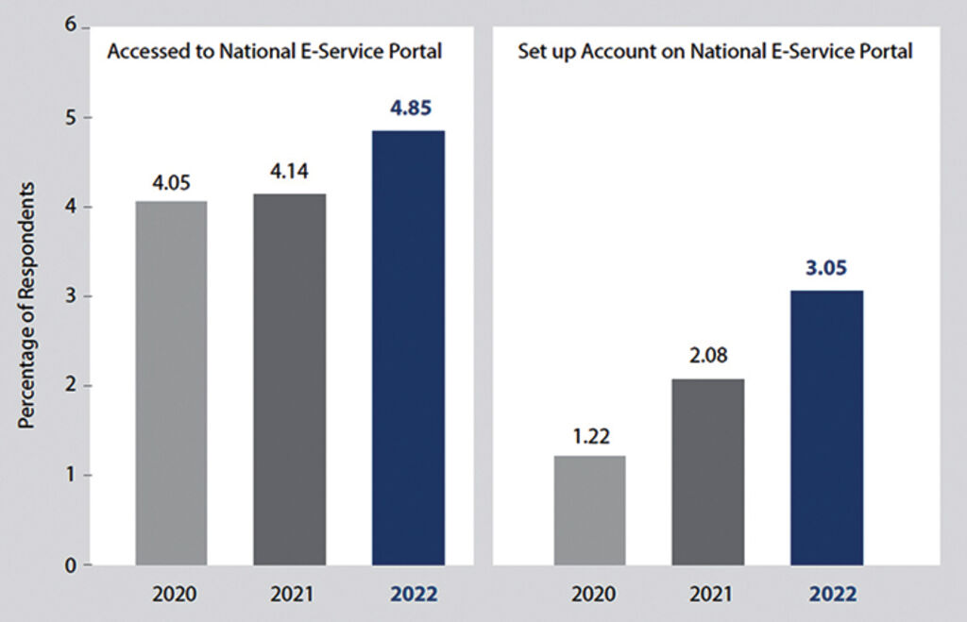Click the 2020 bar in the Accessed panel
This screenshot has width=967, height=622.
click(171, 382)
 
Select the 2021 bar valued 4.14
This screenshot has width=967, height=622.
click(290, 379)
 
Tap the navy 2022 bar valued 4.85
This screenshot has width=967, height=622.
click(408, 347)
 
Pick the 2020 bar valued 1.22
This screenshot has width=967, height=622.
click(589, 510)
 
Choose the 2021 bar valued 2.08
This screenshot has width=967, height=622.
click(707, 472)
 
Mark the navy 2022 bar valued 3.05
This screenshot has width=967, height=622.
click(826, 428)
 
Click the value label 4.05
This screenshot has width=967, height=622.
click(171, 182)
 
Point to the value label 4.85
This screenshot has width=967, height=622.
click(409, 108)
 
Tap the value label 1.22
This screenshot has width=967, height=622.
click(589, 436)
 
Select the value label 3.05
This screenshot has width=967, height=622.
click(826, 269)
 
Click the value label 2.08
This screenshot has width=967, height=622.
click(708, 359)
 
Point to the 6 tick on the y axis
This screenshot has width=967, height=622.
click(71, 25)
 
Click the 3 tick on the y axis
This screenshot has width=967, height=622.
click(71, 295)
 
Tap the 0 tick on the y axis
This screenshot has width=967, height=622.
click(71, 565)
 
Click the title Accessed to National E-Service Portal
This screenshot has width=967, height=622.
click(275, 52)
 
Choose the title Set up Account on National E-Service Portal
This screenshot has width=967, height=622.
click(715, 52)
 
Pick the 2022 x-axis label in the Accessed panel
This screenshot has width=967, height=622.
click(409, 596)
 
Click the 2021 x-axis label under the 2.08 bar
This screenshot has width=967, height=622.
click(707, 596)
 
